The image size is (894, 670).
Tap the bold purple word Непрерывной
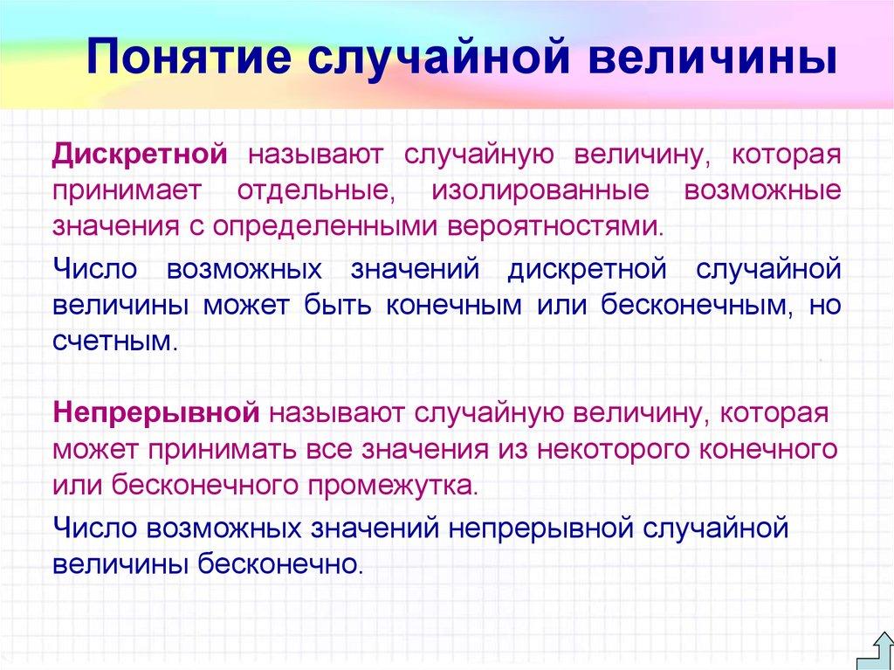pyautogui.click(x=157, y=411)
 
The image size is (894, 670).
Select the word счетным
pyautogui.click(x=114, y=341)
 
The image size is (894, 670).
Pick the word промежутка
pyautogui.click(x=395, y=484)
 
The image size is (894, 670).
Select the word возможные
pyautogui.click(x=762, y=190)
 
